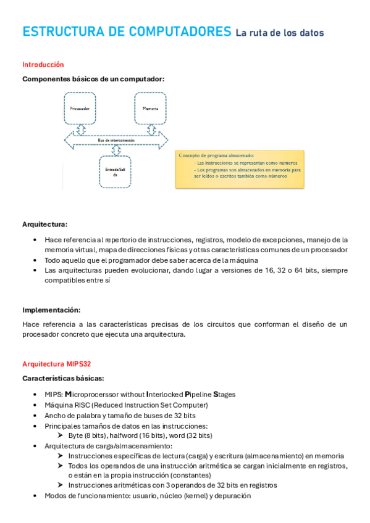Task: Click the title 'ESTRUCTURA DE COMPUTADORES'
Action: tap(126, 32)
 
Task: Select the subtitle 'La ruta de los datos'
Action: tap(279, 33)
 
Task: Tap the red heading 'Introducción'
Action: tap(43, 64)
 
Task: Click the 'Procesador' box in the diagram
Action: tap(80, 109)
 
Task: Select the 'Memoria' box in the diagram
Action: tap(149, 109)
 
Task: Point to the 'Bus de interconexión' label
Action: tap(116, 141)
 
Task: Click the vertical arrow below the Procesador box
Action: tap(80, 130)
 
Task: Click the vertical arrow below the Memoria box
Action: tap(149, 130)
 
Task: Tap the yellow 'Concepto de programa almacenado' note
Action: tap(240, 168)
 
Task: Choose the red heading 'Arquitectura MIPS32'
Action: tap(57, 364)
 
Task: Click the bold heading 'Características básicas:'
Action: tap(63, 378)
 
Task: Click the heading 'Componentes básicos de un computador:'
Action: tap(93, 79)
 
